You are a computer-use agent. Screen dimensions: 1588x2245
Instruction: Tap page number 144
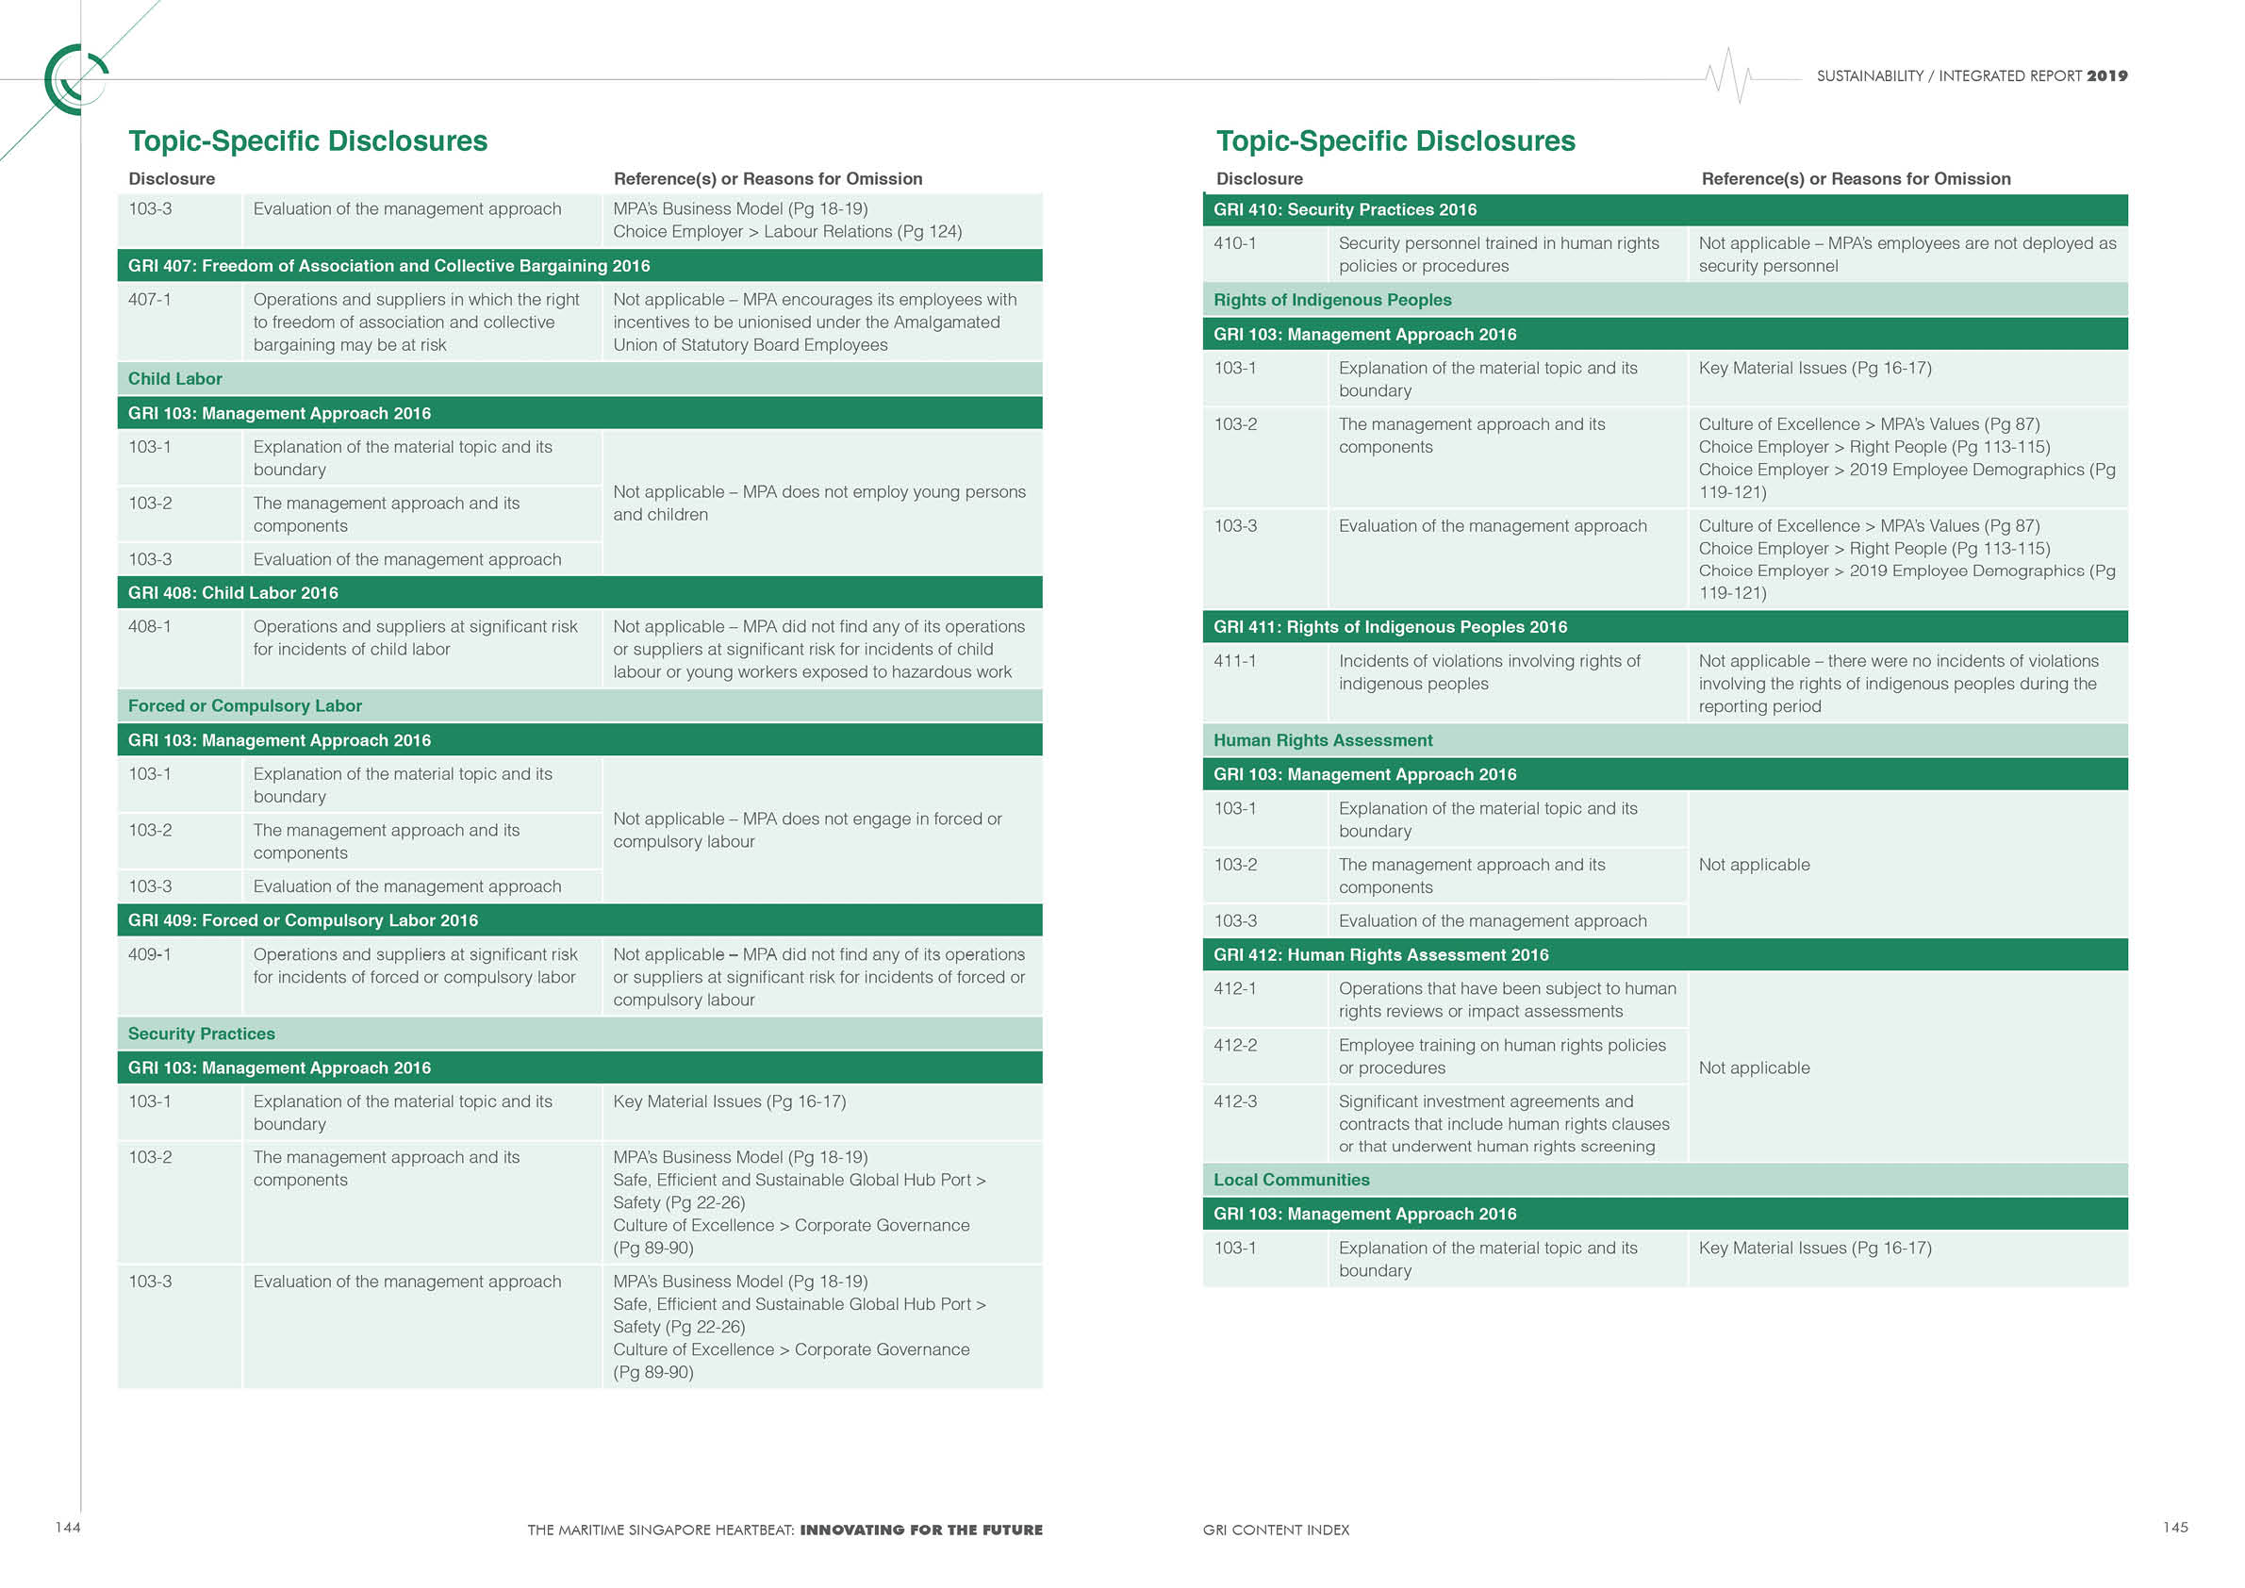(68, 1528)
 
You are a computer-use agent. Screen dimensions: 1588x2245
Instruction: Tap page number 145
(2174, 1528)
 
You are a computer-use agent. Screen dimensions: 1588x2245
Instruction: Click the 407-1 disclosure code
(150, 300)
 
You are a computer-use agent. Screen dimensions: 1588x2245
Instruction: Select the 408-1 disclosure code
(150, 627)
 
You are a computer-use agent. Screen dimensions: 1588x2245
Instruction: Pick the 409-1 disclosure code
(150, 954)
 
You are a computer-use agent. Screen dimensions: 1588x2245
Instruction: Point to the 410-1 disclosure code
(1235, 243)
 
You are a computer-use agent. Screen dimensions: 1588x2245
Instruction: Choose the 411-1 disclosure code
(1235, 661)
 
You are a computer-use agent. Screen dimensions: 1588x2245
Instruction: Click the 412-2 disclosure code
(1236, 1045)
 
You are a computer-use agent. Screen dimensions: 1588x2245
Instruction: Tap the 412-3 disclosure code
(1236, 1102)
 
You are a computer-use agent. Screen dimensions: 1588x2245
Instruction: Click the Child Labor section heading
(175, 379)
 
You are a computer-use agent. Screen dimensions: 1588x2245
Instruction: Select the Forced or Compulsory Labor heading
(244, 706)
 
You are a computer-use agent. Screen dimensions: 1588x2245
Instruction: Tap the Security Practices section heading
(202, 1034)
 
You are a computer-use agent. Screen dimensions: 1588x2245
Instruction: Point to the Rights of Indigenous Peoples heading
(1331, 300)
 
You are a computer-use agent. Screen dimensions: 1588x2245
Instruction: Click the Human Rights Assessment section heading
(1323, 740)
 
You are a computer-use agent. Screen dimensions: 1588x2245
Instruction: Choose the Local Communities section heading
(1291, 1181)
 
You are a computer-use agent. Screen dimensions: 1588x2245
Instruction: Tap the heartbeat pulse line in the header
(1728, 75)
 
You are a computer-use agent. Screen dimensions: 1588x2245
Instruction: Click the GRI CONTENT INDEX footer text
(1275, 1530)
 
